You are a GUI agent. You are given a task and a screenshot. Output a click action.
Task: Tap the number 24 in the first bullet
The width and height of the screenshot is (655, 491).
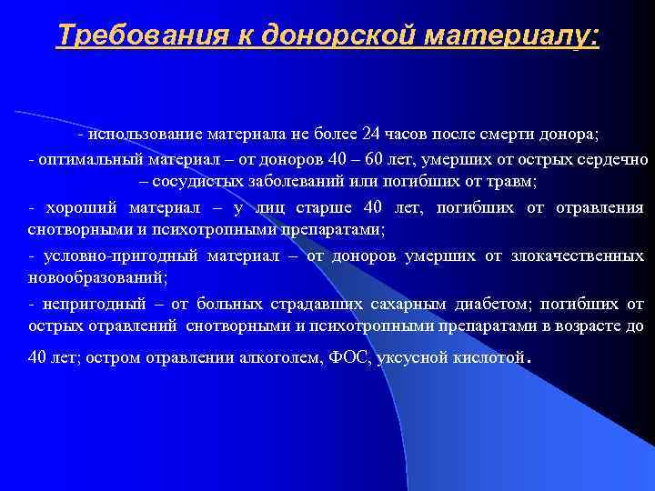click(x=369, y=135)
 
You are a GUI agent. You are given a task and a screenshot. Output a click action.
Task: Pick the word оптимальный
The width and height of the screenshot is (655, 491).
click(x=84, y=159)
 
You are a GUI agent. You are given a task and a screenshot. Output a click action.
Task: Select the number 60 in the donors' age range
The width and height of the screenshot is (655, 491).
click(x=397, y=159)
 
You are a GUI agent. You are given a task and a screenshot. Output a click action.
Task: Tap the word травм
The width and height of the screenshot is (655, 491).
click(x=513, y=182)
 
